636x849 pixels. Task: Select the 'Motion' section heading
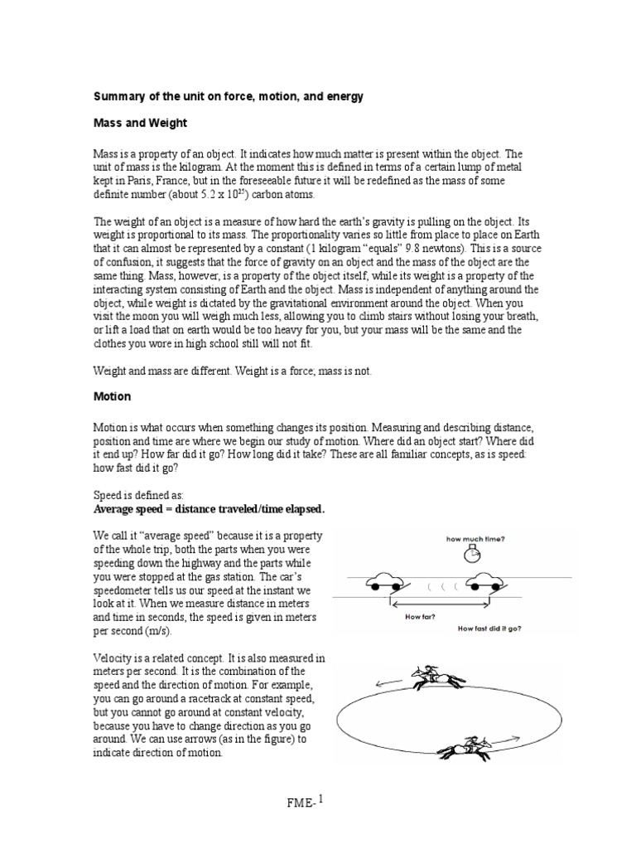point(112,397)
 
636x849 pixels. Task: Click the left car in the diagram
point(389,581)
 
